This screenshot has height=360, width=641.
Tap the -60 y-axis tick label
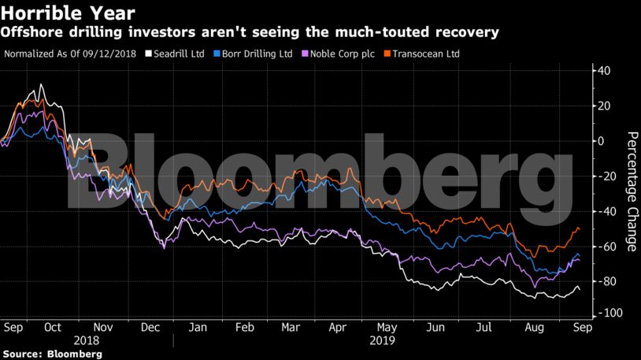coord(606,247)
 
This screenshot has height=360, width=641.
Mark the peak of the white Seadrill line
coord(41,84)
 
